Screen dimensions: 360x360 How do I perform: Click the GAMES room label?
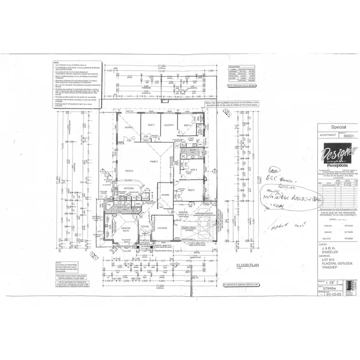[x=129, y=128]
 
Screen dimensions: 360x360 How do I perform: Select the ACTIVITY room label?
[x=169, y=125]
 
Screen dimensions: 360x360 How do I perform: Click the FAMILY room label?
[x=154, y=162]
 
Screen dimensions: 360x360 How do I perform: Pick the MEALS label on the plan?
[x=129, y=171]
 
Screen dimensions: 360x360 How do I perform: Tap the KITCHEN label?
[x=128, y=188]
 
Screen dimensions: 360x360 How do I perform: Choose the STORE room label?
[x=165, y=195]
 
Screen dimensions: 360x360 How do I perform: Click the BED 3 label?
[x=193, y=170]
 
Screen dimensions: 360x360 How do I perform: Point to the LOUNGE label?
[x=162, y=228]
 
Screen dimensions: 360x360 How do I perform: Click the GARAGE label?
[x=183, y=211]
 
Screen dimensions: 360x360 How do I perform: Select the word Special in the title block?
[x=339, y=128]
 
